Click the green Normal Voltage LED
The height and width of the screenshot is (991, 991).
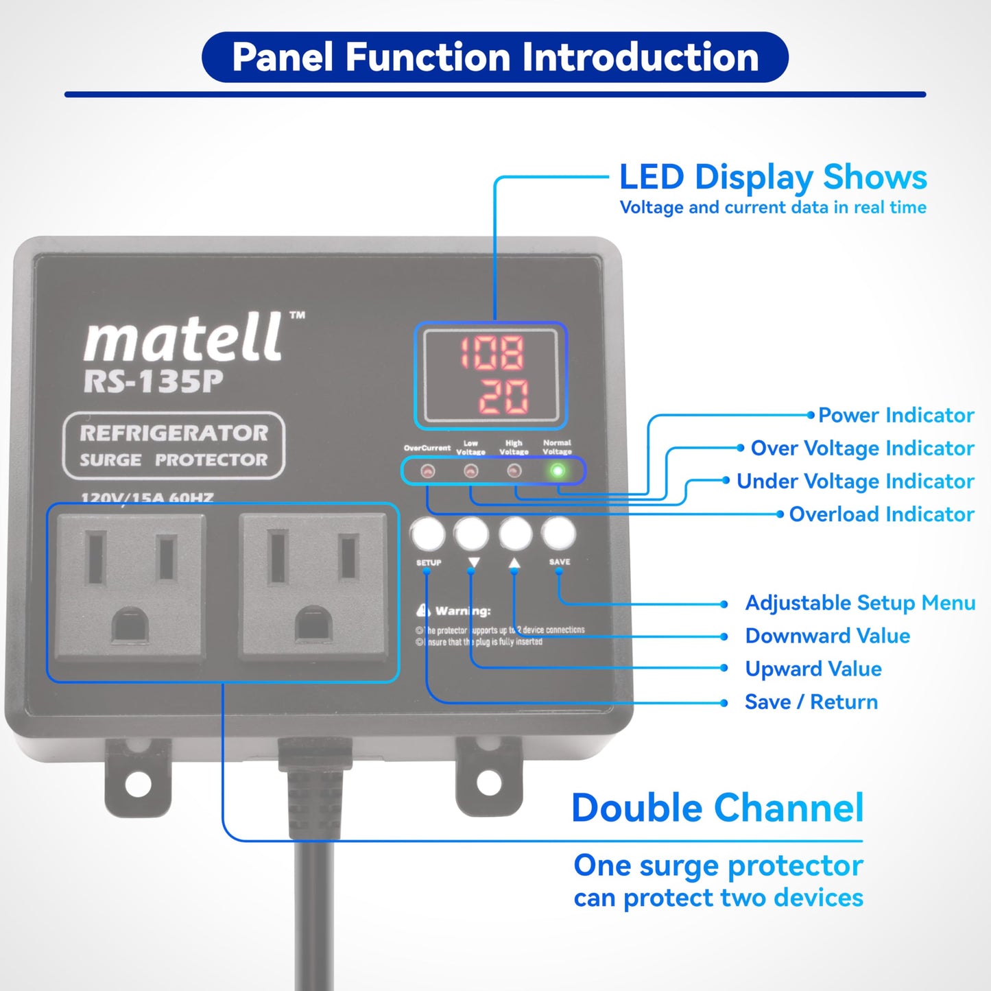558,471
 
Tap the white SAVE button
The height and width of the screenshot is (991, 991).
559,533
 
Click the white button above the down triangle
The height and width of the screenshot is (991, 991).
472,533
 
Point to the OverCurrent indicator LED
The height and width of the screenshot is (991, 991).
427,471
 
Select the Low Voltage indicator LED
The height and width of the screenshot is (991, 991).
470,471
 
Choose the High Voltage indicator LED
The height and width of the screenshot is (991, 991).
514,471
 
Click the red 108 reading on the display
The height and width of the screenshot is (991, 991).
492,353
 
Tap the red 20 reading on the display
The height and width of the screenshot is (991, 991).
503,396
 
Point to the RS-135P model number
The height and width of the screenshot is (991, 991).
153,382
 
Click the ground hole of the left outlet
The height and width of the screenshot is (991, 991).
130,626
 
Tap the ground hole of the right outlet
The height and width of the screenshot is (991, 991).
313,625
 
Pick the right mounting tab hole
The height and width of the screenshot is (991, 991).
489,782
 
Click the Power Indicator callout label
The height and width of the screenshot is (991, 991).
896,415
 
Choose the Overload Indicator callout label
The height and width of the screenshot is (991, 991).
881,514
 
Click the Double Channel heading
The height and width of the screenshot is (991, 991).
717,808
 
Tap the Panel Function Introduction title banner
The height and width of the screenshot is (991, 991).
495,57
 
